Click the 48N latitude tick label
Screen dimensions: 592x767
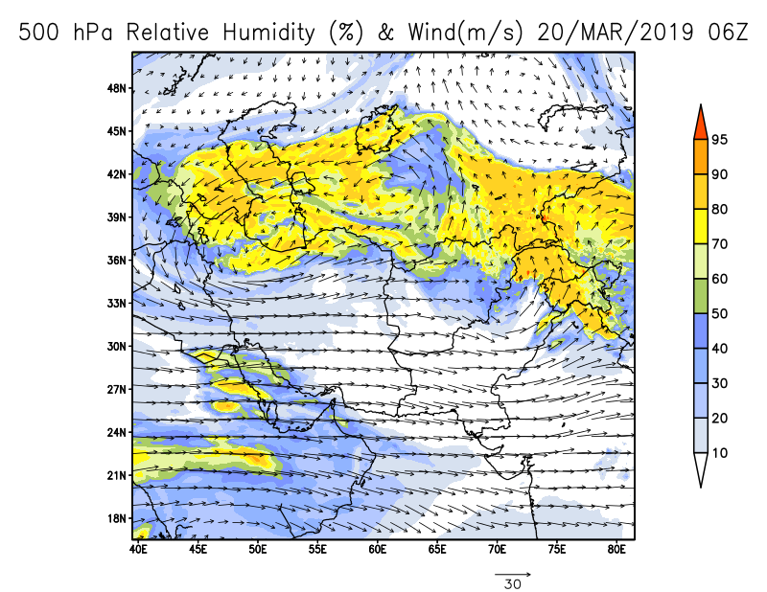(117, 88)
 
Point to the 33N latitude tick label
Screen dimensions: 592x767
(117, 303)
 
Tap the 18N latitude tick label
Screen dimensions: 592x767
(117, 518)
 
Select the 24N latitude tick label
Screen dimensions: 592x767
(117, 432)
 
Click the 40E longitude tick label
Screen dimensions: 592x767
(138, 549)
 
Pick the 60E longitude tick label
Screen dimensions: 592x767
(378, 549)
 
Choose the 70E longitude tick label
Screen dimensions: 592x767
(498, 549)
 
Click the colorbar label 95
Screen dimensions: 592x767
(719, 140)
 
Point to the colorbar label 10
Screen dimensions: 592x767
(719, 452)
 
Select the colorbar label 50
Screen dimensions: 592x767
(719, 313)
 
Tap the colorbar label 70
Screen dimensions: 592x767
(719, 243)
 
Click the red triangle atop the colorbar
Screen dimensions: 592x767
(700, 121)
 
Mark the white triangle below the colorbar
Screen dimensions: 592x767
(700, 469)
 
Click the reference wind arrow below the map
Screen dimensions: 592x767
(512, 574)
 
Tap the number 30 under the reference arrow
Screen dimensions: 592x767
(512, 584)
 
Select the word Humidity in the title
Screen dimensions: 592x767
(265, 34)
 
